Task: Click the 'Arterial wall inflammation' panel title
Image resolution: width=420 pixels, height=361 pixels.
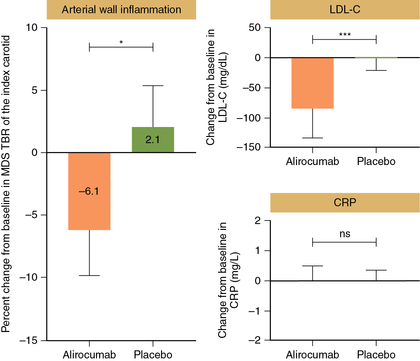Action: (x=121, y=10)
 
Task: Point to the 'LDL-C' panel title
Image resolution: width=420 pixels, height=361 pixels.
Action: (x=345, y=10)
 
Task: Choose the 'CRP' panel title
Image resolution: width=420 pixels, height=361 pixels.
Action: (x=345, y=202)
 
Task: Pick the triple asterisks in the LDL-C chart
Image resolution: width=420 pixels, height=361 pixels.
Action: (x=345, y=34)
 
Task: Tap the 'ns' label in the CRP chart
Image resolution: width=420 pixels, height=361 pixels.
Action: (x=345, y=234)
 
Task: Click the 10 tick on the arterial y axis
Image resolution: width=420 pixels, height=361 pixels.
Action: (x=32, y=28)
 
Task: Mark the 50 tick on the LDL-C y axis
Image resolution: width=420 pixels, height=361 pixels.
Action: (x=254, y=28)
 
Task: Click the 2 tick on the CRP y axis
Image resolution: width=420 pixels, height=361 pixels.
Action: (x=257, y=221)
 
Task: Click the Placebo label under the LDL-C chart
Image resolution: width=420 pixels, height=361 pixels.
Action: (x=376, y=161)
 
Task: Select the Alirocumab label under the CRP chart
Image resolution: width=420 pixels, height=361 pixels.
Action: (x=312, y=355)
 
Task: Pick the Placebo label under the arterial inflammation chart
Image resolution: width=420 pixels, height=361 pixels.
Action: (x=153, y=355)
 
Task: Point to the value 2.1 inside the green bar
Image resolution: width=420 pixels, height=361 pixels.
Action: (x=153, y=140)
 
